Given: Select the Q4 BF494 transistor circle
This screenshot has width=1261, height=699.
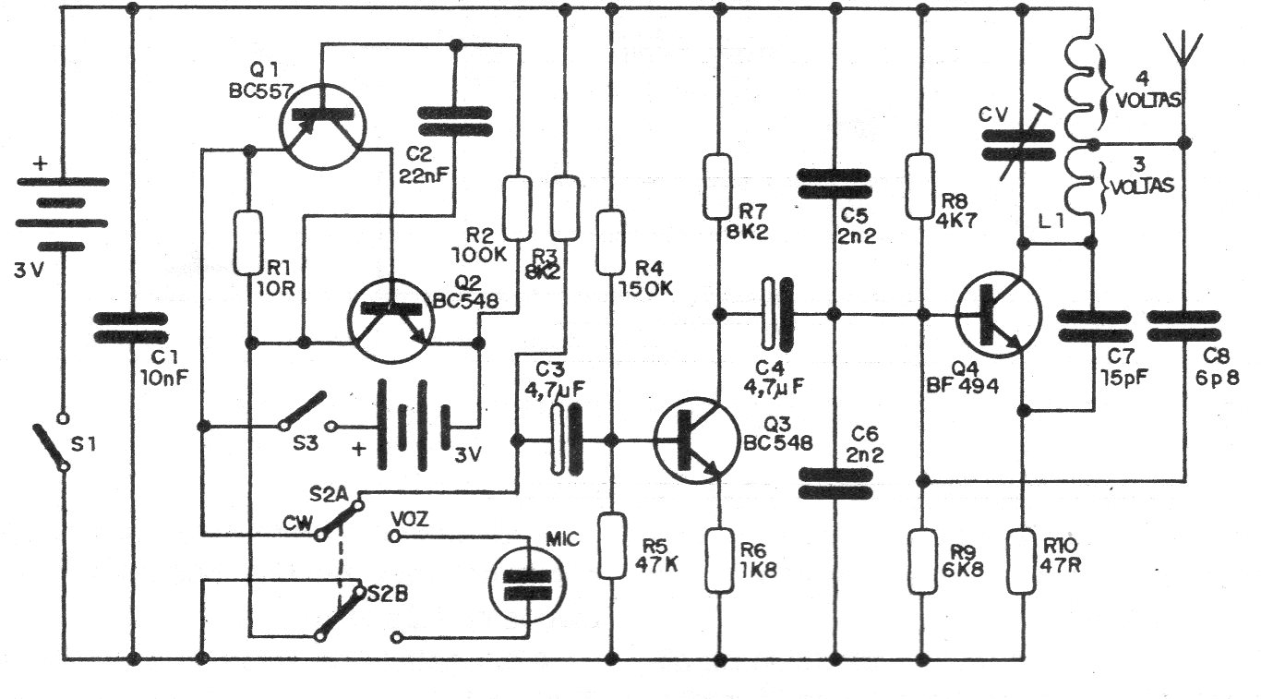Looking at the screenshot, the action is tap(998, 315).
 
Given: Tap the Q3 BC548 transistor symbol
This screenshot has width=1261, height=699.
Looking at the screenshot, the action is tap(697, 440).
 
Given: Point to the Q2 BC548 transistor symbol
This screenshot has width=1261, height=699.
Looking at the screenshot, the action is tap(391, 320).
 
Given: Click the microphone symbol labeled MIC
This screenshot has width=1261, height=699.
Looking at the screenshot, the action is tap(527, 584).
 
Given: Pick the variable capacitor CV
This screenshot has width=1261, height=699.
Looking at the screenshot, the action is tap(1018, 145).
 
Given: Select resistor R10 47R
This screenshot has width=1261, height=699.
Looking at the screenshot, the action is tap(1021, 561).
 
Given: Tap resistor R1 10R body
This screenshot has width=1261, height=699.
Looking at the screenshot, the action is tap(248, 243).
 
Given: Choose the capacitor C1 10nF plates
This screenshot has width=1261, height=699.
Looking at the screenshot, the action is tap(131, 328).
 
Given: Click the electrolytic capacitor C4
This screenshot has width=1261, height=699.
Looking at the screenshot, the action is tap(777, 314).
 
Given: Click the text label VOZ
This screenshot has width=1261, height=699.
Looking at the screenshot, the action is tap(409, 519).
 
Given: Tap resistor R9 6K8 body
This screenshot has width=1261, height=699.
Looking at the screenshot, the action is tap(922, 561).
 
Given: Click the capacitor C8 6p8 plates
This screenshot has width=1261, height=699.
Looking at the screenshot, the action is tap(1183, 326).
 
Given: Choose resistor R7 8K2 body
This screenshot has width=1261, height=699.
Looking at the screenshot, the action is tap(718, 187).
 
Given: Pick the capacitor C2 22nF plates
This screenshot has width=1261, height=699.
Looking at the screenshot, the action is tap(455, 122).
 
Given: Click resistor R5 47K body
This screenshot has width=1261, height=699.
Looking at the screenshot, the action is tap(612, 546).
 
